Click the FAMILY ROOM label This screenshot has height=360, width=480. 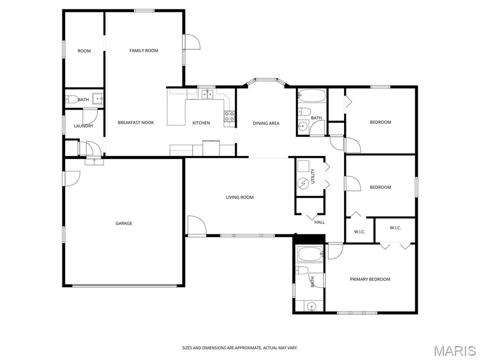coord(143,51)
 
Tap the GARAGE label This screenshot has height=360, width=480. coord(124,224)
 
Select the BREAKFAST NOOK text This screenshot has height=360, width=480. coord(135,123)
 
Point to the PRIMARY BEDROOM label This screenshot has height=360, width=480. coord(370,279)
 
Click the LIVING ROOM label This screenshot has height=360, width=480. coord(240,197)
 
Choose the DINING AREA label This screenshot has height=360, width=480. coord(266,123)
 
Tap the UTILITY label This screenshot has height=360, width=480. coord(313,176)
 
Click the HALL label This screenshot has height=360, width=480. coord(320,222)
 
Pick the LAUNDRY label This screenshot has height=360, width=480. coord(83,126)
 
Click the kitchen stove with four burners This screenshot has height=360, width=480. coord(230,116)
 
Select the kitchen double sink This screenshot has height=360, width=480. coord(207,94)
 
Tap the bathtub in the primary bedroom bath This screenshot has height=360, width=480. coord(310,254)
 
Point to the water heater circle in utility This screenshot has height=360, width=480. coord(303,183)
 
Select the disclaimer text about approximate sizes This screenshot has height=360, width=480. coord(240,348)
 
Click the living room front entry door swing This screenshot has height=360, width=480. coord(197,225)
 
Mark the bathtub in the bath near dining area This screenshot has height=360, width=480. coord(312,96)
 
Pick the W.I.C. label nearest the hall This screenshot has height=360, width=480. coord(360,232)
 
